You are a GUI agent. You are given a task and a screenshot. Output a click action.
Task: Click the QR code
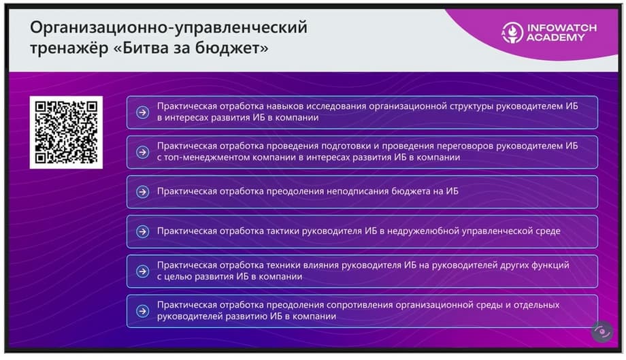[x=66, y=132]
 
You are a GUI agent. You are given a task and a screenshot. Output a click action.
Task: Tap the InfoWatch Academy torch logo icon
[x=512, y=33]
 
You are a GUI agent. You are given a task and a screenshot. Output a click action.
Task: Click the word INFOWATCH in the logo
[x=562, y=28]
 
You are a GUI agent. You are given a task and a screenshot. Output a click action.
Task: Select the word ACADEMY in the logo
[x=555, y=37]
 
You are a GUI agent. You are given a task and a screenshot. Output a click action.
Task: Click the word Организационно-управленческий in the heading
[x=169, y=28]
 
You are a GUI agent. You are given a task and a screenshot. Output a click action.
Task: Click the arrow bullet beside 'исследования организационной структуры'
[x=142, y=112]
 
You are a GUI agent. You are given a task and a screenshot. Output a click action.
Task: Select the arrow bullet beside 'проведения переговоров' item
[x=142, y=152]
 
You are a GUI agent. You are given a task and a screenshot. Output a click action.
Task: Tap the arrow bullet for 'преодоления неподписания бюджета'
[x=142, y=192]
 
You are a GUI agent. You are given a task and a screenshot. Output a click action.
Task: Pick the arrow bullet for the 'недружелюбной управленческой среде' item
[x=142, y=231]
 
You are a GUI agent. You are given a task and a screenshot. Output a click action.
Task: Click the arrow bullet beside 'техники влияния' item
[x=142, y=272]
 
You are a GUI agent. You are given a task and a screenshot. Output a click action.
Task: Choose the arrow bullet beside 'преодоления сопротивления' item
[x=142, y=311]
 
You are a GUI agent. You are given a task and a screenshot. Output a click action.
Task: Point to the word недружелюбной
[x=423, y=231]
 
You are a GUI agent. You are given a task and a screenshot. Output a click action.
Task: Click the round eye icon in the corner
[x=602, y=331]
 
